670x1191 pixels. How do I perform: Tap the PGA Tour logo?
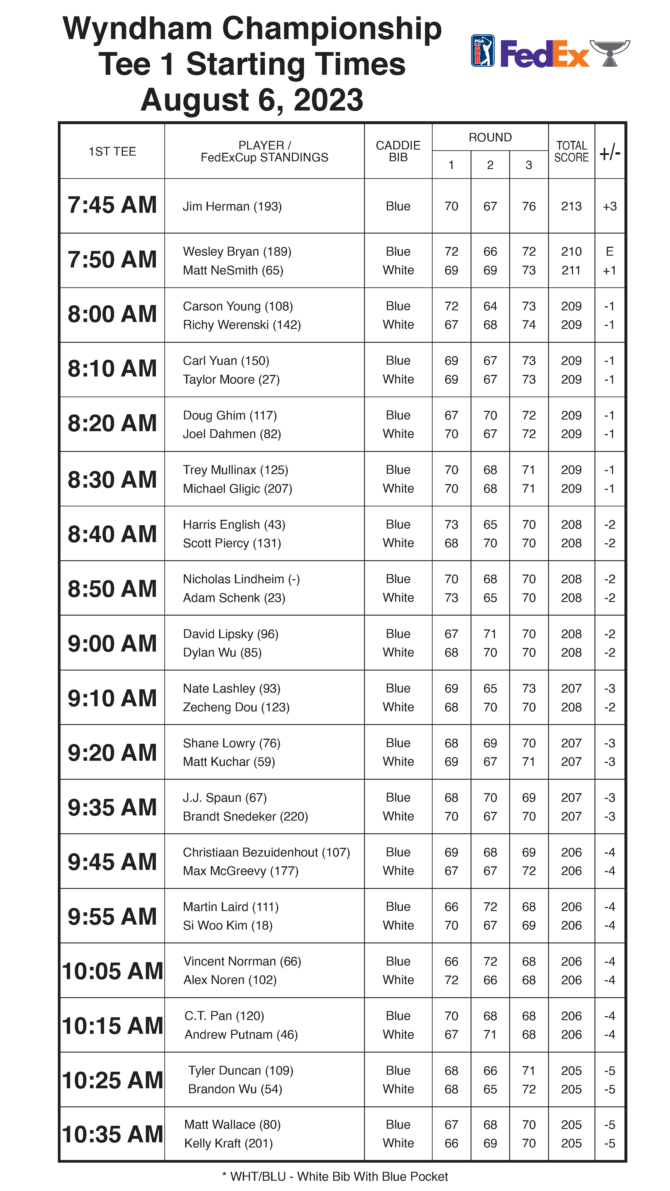pos(482,51)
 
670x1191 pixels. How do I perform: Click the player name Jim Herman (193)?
pos(232,206)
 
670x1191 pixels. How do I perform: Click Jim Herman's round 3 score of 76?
pos(528,206)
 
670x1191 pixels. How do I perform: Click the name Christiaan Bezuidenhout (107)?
pos(266,852)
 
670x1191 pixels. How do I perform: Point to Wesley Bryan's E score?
pos(609,251)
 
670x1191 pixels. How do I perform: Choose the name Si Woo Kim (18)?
pos(228,925)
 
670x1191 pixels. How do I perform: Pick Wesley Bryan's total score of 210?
pos(571,251)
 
